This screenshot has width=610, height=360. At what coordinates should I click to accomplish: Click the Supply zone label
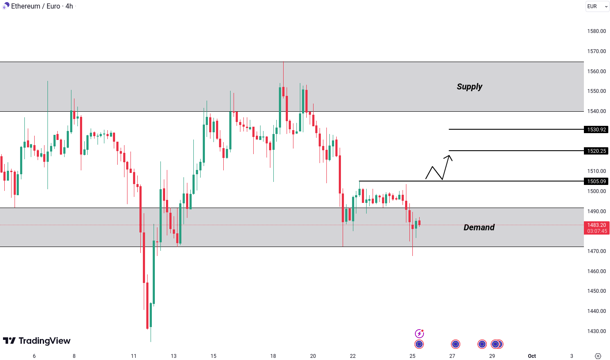(x=469, y=86)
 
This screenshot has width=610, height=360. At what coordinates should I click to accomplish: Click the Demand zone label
(x=479, y=227)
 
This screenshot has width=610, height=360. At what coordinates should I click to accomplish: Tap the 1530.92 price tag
(x=596, y=129)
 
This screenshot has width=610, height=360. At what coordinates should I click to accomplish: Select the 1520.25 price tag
(x=596, y=151)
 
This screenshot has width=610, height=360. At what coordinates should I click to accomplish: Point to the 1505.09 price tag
(x=596, y=181)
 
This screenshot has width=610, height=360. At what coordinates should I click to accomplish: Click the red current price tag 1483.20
(x=596, y=228)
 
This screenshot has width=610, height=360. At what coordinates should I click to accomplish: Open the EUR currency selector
(x=596, y=6)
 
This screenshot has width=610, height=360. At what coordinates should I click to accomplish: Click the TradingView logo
(x=37, y=341)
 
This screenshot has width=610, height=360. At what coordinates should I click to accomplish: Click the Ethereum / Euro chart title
(x=41, y=6)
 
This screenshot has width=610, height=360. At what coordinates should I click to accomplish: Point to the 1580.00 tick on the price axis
(x=596, y=31)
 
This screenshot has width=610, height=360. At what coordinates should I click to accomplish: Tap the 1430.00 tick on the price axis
(x=596, y=331)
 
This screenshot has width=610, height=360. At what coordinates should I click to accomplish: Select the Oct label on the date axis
(x=532, y=356)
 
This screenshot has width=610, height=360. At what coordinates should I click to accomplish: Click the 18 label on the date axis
(x=273, y=356)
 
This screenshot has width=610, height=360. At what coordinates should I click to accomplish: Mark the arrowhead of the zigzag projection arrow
(x=449, y=157)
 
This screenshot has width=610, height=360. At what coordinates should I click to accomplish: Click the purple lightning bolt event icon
(x=419, y=333)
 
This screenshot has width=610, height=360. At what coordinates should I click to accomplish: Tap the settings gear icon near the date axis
(x=598, y=356)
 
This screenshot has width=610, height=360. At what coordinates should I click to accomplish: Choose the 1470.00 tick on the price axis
(x=596, y=251)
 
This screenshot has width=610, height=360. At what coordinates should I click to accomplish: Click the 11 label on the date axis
(x=133, y=356)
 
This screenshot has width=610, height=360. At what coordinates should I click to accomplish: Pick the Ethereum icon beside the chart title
(x=6, y=6)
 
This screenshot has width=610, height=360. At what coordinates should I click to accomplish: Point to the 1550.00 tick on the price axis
(x=596, y=91)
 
